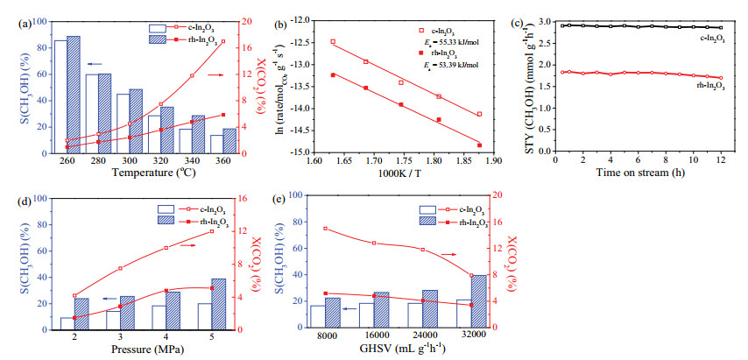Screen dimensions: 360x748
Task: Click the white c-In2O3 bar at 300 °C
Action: (123, 124)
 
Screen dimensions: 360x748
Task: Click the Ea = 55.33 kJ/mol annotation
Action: (452, 41)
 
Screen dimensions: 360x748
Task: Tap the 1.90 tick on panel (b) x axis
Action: (494, 161)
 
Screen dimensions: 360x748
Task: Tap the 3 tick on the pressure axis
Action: (121, 336)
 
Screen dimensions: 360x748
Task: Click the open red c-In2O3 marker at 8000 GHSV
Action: (326, 229)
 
